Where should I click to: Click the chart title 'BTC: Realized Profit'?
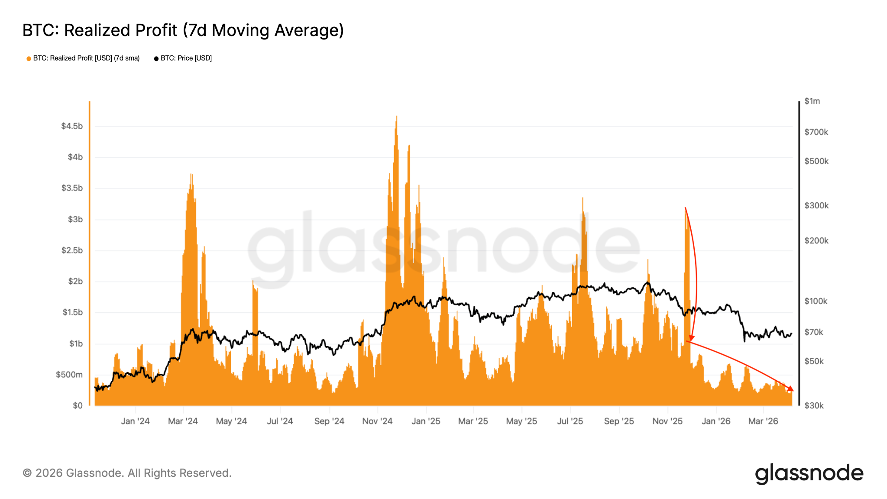click(x=183, y=30)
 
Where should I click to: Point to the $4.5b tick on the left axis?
click(x=72, y=126)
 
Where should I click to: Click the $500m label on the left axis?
click(x=69, y=375)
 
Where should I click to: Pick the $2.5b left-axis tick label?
click(x=72, y=250)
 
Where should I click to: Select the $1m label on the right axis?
click(x=812, y=101)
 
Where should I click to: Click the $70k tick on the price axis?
click(x=814, y=332)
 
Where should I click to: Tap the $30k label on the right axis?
click(x=814, y=405)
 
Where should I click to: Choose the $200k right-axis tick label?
click(x=816, y=240)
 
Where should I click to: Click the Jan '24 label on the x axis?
click(x=135, y=421)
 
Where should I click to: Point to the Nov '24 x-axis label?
click(x=377, y=421)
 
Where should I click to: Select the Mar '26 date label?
click(x=763, y=421)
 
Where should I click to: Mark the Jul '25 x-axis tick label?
click(x=570, y=421)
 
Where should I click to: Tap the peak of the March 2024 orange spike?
click(x=191, y=174)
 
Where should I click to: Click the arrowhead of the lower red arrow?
click(x=792, y=389)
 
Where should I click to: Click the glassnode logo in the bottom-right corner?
click(x=809, y=473)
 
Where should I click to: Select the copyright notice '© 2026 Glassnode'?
click(x=127, y=473)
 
